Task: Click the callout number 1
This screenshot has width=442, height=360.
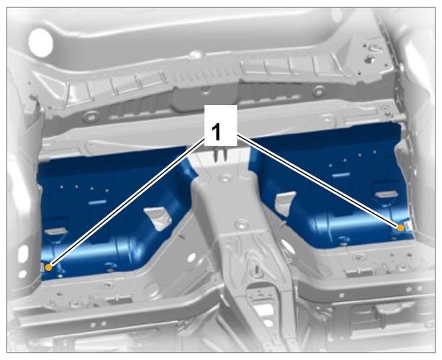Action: [x=216, y=132]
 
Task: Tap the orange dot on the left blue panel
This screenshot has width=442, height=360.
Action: [x=48, y=267]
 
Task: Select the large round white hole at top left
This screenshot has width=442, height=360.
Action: [x=41, y=42]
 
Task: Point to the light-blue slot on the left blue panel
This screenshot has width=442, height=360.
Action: [x=97, y=202]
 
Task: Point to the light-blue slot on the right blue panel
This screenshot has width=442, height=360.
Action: [x=341, y=176]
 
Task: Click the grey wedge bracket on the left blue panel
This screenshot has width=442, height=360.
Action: [x=158, y=218]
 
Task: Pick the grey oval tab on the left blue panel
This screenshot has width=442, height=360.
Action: [x=56, y=231]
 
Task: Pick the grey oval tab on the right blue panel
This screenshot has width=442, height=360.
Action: [x=386, y=194]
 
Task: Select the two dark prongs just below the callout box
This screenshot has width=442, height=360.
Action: [x=220, y=155]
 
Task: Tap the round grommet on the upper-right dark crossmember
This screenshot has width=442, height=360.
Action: [x=318, y=91]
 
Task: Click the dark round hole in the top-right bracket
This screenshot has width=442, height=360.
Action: [x=369, y=59]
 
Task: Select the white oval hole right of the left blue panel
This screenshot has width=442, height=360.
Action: [x=192, y=256]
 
